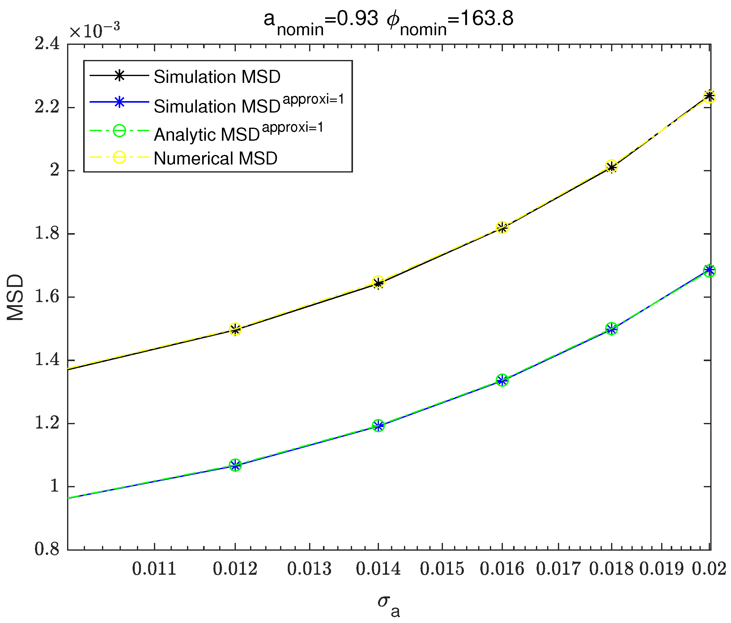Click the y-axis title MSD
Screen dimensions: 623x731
15,297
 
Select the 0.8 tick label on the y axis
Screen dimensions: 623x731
47,550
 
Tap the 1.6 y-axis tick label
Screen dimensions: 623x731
47,297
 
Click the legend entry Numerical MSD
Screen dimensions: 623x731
215,158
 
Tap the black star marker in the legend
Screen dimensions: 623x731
119,75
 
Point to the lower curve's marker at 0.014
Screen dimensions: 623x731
378,426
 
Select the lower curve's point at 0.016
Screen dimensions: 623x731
502,380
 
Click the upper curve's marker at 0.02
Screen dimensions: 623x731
709,97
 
